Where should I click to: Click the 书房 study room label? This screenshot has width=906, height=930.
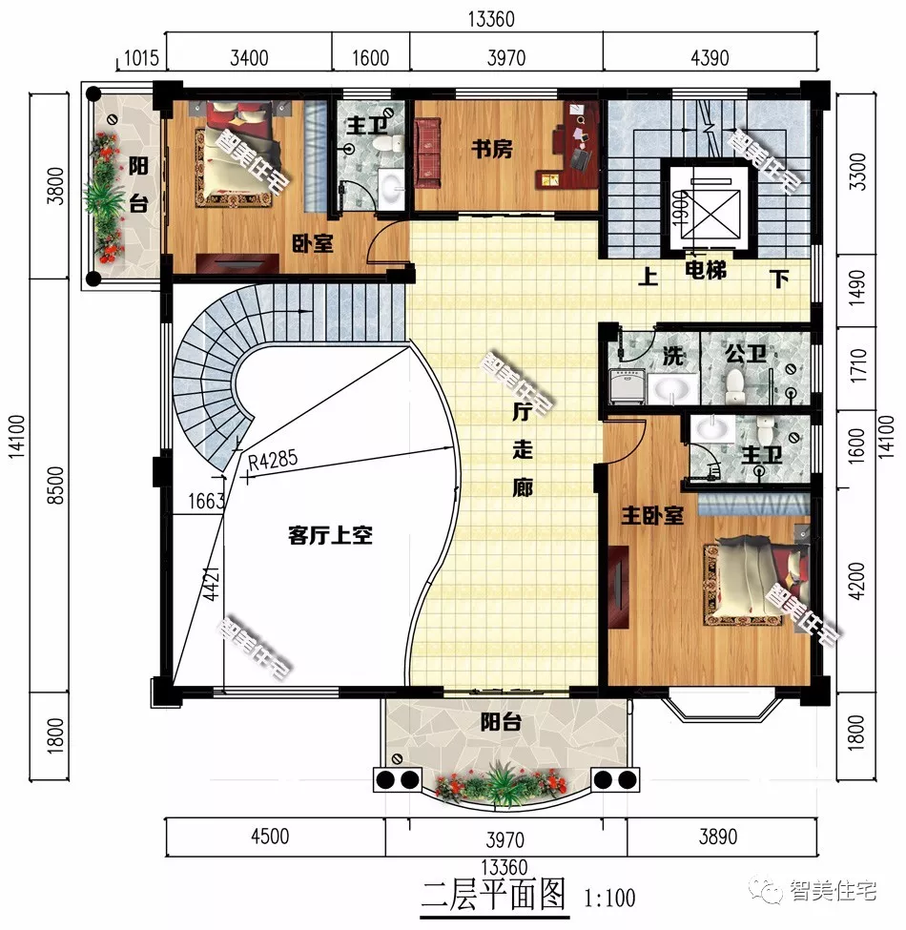click(x=491, y=148)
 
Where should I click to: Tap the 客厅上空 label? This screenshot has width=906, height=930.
click(x=330, y=535)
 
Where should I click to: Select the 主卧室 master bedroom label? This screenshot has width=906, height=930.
click(x=652, y=515)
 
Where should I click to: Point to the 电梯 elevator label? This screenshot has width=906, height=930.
click(x=706, y=271)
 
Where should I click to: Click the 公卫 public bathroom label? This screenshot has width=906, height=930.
click(x=746, y=354)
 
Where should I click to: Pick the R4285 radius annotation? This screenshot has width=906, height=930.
click(x=272, y=461)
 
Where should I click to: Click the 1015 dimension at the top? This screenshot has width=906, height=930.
click(x=141, y=58)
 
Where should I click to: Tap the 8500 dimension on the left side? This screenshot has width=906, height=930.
click(x=54, y=486)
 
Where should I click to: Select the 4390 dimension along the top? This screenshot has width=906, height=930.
click(x=710, y=58)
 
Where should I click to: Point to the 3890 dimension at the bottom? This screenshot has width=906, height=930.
click(x=718, y=837)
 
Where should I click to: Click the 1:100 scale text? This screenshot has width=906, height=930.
click(x=609, y=898)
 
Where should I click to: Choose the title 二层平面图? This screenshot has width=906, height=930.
click(x=493, y=895)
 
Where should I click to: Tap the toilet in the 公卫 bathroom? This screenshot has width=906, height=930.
click(x=735, y=386)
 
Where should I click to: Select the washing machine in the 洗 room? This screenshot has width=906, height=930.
click(x=628, y=386)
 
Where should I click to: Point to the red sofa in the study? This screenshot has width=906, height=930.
click(x=427, y=153)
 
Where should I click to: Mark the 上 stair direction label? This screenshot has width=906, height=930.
click(x=648, y=277)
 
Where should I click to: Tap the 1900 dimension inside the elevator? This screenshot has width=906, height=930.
click(x=679, y=209)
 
